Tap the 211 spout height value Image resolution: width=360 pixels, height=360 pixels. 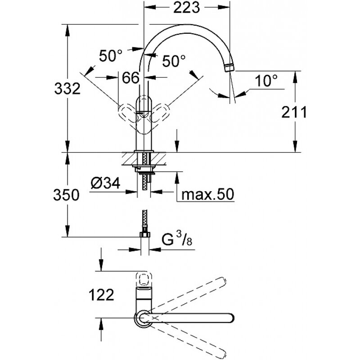(x=295, y=112)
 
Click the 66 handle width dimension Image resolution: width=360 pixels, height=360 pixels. (x=130, y=77)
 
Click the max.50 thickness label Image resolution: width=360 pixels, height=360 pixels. (x=205, y=195)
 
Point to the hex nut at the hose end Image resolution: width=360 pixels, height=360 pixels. (x=144, y=234)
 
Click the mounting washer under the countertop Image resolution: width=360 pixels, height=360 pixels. (x=144, y=169)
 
